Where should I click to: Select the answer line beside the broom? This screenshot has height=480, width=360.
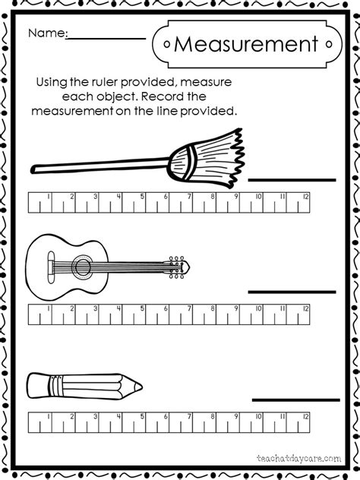(292, 180)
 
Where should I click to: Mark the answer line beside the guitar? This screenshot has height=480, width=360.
(292, 292)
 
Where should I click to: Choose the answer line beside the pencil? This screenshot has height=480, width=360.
(292, 399)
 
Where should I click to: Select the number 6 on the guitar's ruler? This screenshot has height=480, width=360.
(166, 310)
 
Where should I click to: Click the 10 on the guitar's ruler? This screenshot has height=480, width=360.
(259, 310)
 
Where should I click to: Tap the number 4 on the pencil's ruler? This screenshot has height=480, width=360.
(119, 418)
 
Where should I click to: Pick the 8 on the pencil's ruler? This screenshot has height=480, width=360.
(213, 418)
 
